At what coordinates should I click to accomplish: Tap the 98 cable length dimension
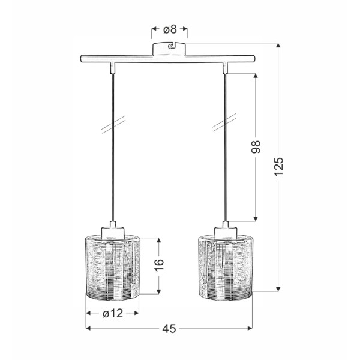257,148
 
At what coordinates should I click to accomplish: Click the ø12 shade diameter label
113,313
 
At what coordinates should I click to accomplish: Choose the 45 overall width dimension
169,328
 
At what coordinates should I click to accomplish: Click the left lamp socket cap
113,228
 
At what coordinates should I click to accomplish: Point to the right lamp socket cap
226,228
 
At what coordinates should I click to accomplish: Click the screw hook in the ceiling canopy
171,45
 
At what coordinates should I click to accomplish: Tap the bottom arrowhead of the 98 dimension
257,218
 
